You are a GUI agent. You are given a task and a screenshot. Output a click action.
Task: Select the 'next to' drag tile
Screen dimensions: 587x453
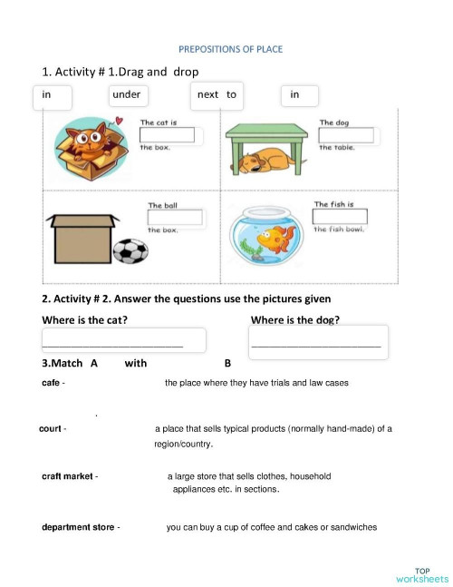pyautogui.click(x=217, y=94)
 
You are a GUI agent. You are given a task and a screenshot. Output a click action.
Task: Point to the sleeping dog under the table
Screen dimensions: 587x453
pyautogui.click(x=265, y=161)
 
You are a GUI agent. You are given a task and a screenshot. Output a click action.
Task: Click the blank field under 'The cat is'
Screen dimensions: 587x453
pyautogui.click(x=167, y=135)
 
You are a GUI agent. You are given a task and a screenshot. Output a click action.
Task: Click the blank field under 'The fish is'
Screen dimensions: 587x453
pyautogui.click(x=340, y=217)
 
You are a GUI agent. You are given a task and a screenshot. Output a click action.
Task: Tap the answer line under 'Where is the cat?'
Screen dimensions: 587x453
pyautogui.click(x=113, y=343)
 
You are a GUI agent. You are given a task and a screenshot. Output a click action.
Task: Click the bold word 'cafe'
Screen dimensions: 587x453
pyautogui.click(x=51, y=383)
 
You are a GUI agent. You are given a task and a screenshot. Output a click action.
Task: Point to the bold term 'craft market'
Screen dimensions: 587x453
pyautogui.click(x=67, y=476)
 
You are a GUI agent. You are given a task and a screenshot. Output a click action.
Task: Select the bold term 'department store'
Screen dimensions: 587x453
pyautogui.click(x=78, y=527)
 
